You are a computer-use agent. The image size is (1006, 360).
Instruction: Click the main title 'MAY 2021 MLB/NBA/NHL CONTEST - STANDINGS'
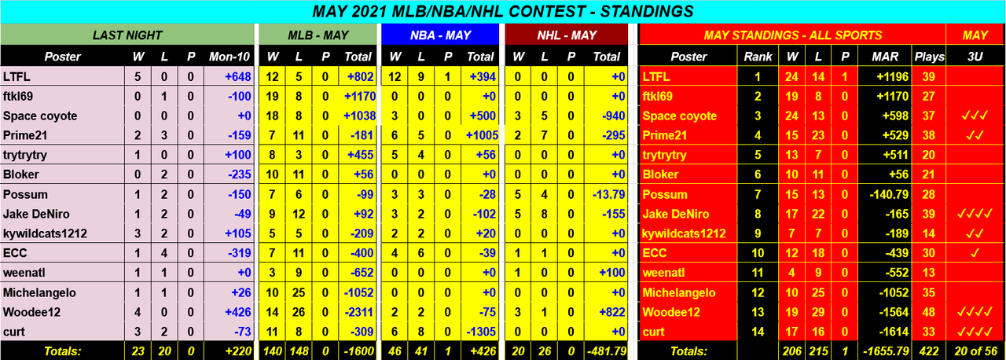502,11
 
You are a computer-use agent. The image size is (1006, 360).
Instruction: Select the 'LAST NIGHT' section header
127,35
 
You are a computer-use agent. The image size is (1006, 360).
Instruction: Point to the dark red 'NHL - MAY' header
566,35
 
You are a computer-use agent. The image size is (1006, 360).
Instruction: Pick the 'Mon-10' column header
229,57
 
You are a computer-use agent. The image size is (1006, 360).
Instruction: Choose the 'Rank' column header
758,57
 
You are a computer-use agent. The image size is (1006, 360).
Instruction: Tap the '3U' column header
975,57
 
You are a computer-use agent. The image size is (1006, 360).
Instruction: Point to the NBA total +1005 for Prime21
481,135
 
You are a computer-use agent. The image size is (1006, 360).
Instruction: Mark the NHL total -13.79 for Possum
605,194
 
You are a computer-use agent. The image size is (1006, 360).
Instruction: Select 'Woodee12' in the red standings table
668,312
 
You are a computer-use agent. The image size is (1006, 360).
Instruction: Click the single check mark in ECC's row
975,253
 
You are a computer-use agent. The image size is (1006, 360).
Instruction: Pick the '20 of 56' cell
975,350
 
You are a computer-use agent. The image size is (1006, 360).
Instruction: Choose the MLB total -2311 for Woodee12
358,312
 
